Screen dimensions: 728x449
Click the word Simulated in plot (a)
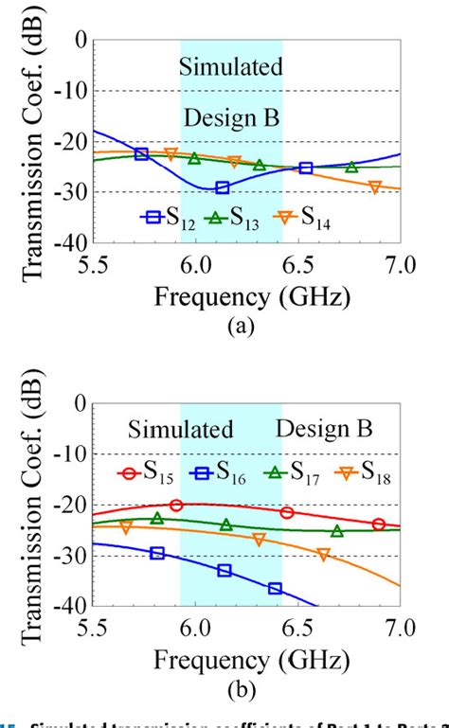point(232,67)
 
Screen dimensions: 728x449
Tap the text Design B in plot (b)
point(324,429)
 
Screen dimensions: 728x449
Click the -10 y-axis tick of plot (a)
point(71,91)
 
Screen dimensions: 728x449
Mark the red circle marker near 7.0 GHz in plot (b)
point(379,524)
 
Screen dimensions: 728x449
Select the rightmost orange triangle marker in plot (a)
point(375,187)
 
